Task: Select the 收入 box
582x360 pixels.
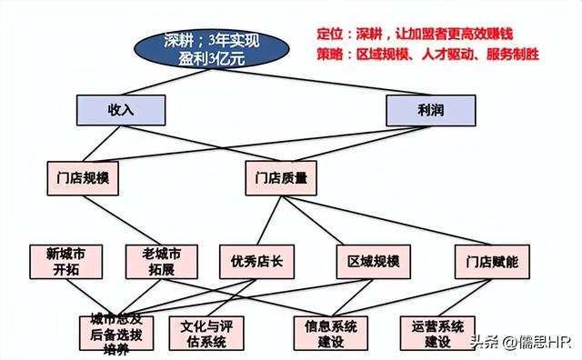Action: pyautogui.click(x=121, y=110)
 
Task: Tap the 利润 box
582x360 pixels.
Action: pyautogui.click(x=431, y=110)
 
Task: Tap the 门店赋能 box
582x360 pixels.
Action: pyautogui.click(x=486, y=261)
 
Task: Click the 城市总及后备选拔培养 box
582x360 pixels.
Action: pyautogui.click(x=116, y=332)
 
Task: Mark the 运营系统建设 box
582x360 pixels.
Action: pyautogui.click(x=437, y=333)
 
